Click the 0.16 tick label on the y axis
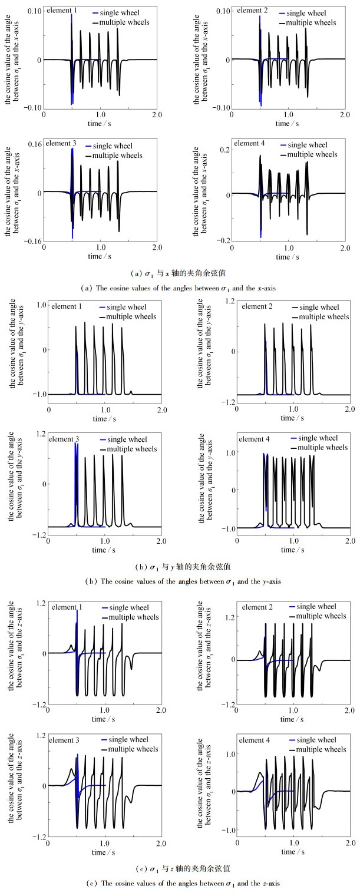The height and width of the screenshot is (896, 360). pyautogui.click(x=33, y=145)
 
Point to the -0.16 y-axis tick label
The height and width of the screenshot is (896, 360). pyautogui.click(x=31, y=241)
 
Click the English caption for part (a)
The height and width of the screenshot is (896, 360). pyautogui.click(x=180, y=287)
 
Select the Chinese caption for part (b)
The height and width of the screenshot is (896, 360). pyautogui.click(x=180, y=567)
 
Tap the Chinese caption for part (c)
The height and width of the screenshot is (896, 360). pyautogui.click(x=180, y=868)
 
